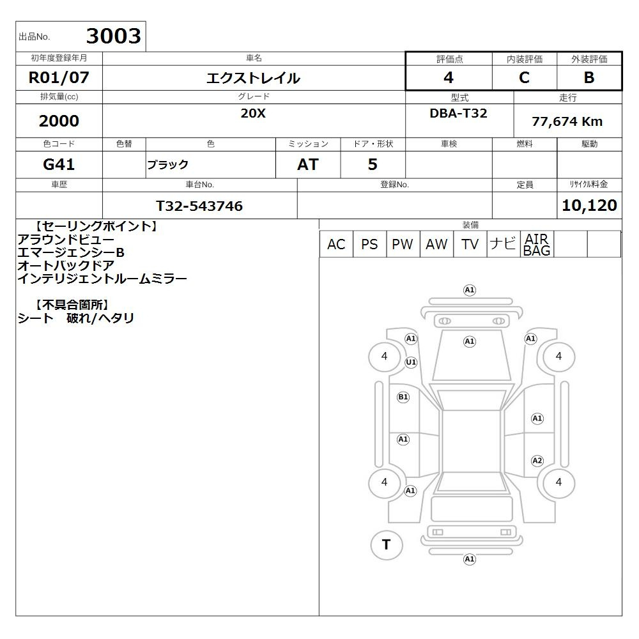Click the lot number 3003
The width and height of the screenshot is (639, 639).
113,36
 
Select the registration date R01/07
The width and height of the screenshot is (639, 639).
59,77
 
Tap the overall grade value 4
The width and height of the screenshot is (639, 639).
449,77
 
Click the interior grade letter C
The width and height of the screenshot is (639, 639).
524,77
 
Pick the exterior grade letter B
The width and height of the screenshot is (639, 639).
589,77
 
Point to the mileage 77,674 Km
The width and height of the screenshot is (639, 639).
567,121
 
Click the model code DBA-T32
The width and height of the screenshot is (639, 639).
458,113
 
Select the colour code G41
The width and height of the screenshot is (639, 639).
59,164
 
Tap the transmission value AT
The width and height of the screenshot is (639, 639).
308,164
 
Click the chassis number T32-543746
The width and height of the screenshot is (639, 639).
199,206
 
